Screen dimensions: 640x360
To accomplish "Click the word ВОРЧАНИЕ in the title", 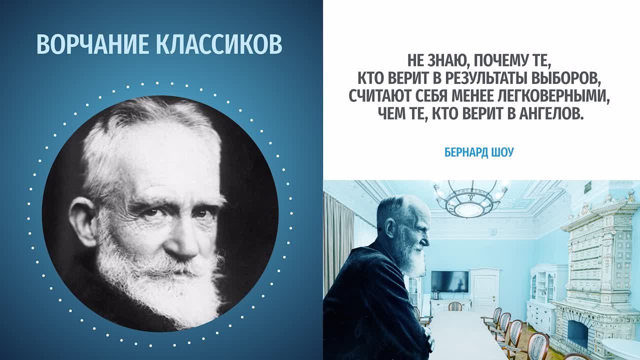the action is [93, 44].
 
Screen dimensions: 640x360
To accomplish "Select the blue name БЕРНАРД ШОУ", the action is [479, 152].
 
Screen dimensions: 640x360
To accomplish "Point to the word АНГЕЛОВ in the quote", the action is [550, 113].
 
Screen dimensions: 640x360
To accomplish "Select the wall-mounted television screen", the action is [449, 281].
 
